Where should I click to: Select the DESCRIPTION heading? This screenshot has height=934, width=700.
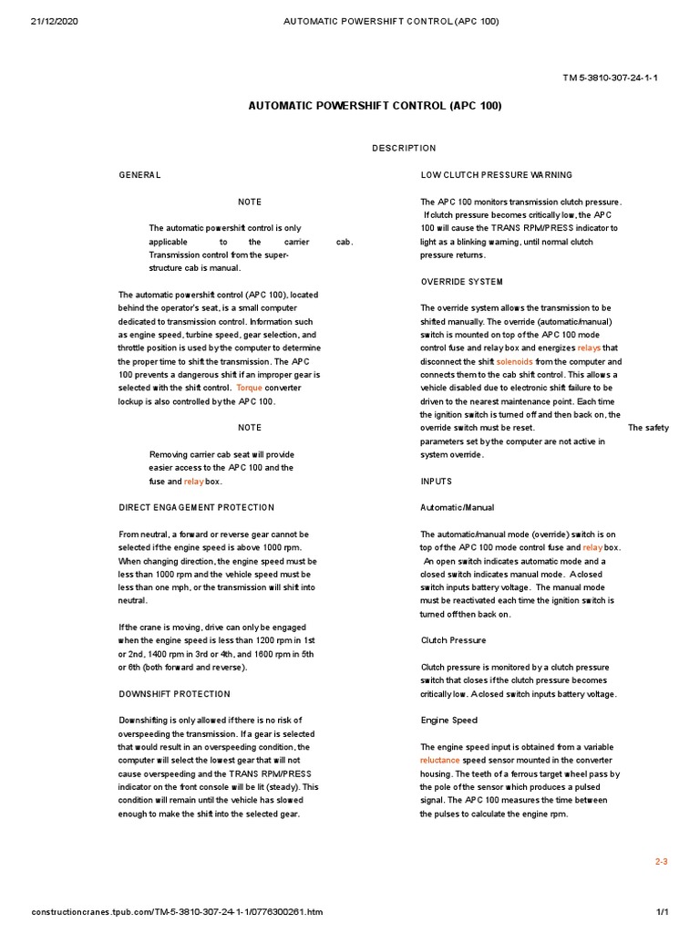[404, 148]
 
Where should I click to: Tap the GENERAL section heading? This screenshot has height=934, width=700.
[139, 174]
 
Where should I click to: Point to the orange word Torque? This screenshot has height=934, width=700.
[249, 388]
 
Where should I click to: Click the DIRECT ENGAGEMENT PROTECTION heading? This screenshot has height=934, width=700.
[196, 507]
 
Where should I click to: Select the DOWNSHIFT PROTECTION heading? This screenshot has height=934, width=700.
[174, 694]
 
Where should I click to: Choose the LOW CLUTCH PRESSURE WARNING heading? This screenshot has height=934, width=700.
[496, 174]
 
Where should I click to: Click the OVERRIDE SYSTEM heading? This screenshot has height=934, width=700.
[461, 281]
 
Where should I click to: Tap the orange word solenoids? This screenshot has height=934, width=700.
[514, 361]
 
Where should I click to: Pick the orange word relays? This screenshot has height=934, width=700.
[590, 348]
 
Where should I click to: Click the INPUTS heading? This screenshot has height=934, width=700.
[436, 481]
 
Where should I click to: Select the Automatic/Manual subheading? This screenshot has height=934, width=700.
[457, 507]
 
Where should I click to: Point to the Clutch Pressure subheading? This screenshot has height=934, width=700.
[453, 640]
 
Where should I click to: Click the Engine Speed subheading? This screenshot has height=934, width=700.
[448, 721]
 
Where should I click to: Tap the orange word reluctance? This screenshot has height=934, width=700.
[440, 760]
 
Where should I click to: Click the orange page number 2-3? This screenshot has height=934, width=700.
[662, 861]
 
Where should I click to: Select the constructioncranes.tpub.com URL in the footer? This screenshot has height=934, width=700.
[176, 912]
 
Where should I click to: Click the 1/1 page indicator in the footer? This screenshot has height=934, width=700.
[663, 912]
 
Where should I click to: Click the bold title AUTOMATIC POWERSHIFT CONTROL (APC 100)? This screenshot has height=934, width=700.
[375, 106]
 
